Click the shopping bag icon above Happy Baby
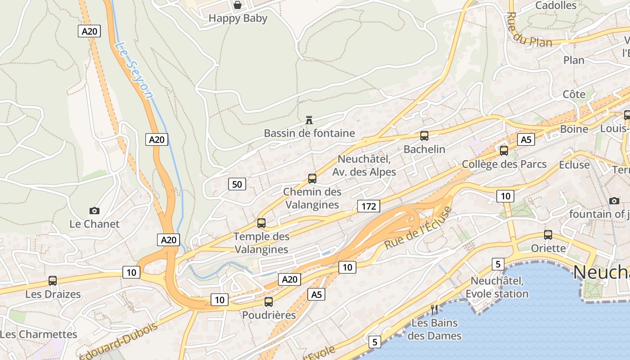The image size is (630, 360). (x=237, y=5)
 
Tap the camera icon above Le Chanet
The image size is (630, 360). (x=94, y=211)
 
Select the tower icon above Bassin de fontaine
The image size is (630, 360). (x=309, y=120)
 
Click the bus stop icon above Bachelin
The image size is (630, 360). (x=424, y=135)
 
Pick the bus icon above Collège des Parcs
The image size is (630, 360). (x=504, y=150)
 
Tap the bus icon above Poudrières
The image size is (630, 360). (x=269, y=301)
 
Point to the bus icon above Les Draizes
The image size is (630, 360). (x=53, y=281)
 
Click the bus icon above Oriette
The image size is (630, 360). (x=548, y=234)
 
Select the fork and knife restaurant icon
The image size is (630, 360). (x=434, y=310)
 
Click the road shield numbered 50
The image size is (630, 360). (x=237, y=184)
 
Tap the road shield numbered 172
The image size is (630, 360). (x=369, y=206)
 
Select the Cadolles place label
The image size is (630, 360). (x=556, y=5)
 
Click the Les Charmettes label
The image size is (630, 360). (x=39, y=334)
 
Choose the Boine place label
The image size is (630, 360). (x=574, y=129)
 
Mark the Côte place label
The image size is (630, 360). (x=574, y=94)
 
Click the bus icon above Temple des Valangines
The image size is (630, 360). (x=261, y=223)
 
